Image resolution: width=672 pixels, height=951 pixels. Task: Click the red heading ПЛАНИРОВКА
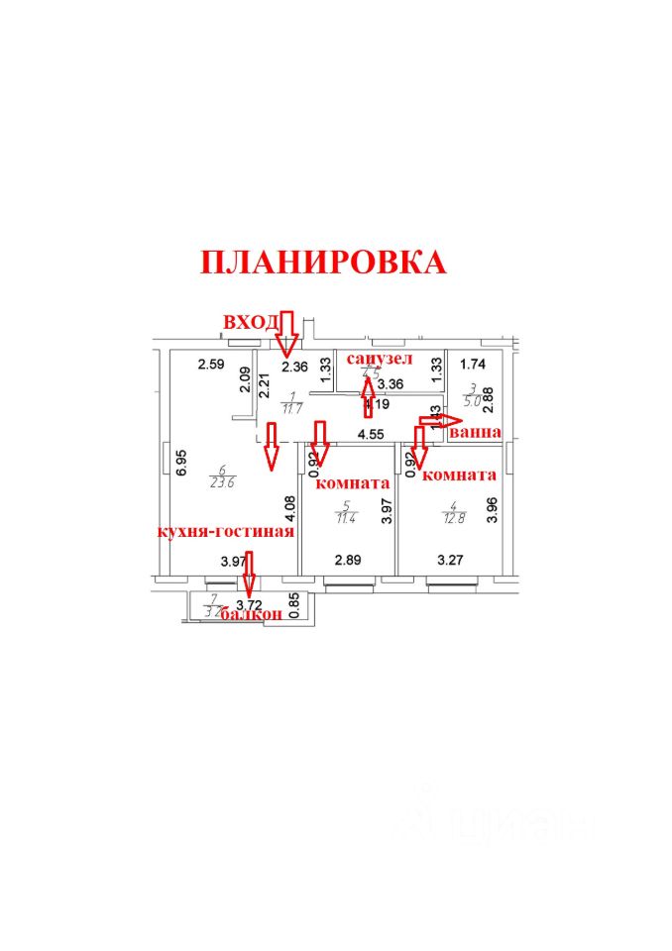[323, 262]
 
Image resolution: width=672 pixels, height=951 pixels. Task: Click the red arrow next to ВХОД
[287, 331]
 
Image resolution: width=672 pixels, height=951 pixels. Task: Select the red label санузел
[379, 358]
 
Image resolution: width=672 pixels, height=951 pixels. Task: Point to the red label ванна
[474, 433]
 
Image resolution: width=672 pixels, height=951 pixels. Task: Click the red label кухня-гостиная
[224, 531]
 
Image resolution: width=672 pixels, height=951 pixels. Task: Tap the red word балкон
[252, 614]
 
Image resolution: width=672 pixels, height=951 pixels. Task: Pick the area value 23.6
[222, 483]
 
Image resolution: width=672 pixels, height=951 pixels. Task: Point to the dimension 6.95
[180, 466]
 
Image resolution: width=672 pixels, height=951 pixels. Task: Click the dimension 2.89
[348, 560]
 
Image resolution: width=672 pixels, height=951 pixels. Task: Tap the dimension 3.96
[493, 508]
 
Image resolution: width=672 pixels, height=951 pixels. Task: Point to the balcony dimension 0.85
[293, 599]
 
